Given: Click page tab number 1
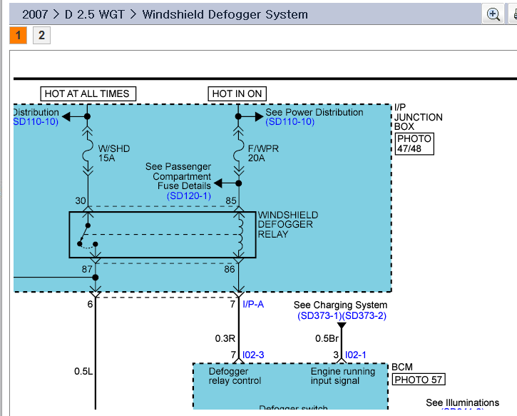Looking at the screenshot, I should click(x=19, y=35).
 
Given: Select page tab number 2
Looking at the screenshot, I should click(x=41, y=35).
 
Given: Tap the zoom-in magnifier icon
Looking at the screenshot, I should click(x=493, y=14).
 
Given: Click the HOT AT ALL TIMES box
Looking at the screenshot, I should click(x=87, y=93).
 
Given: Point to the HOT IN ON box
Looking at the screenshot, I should click(x=237, y=93).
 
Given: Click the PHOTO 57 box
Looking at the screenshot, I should click(x=417, y=380).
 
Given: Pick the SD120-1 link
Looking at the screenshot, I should click(x=189, y=196).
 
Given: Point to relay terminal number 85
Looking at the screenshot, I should click(x=231, y=201).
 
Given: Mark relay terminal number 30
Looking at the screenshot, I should click(x=81, y=201).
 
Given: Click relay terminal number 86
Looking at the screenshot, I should click(x=230, y=269).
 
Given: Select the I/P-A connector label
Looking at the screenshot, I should click(x=254, y=305).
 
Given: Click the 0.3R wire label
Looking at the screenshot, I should click(x=225, y=338).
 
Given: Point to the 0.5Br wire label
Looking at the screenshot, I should click(x=327, y=338).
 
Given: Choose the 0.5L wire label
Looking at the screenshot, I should click(x=83, y=371).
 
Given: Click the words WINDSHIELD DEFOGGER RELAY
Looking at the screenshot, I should click(x=288, y=225).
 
